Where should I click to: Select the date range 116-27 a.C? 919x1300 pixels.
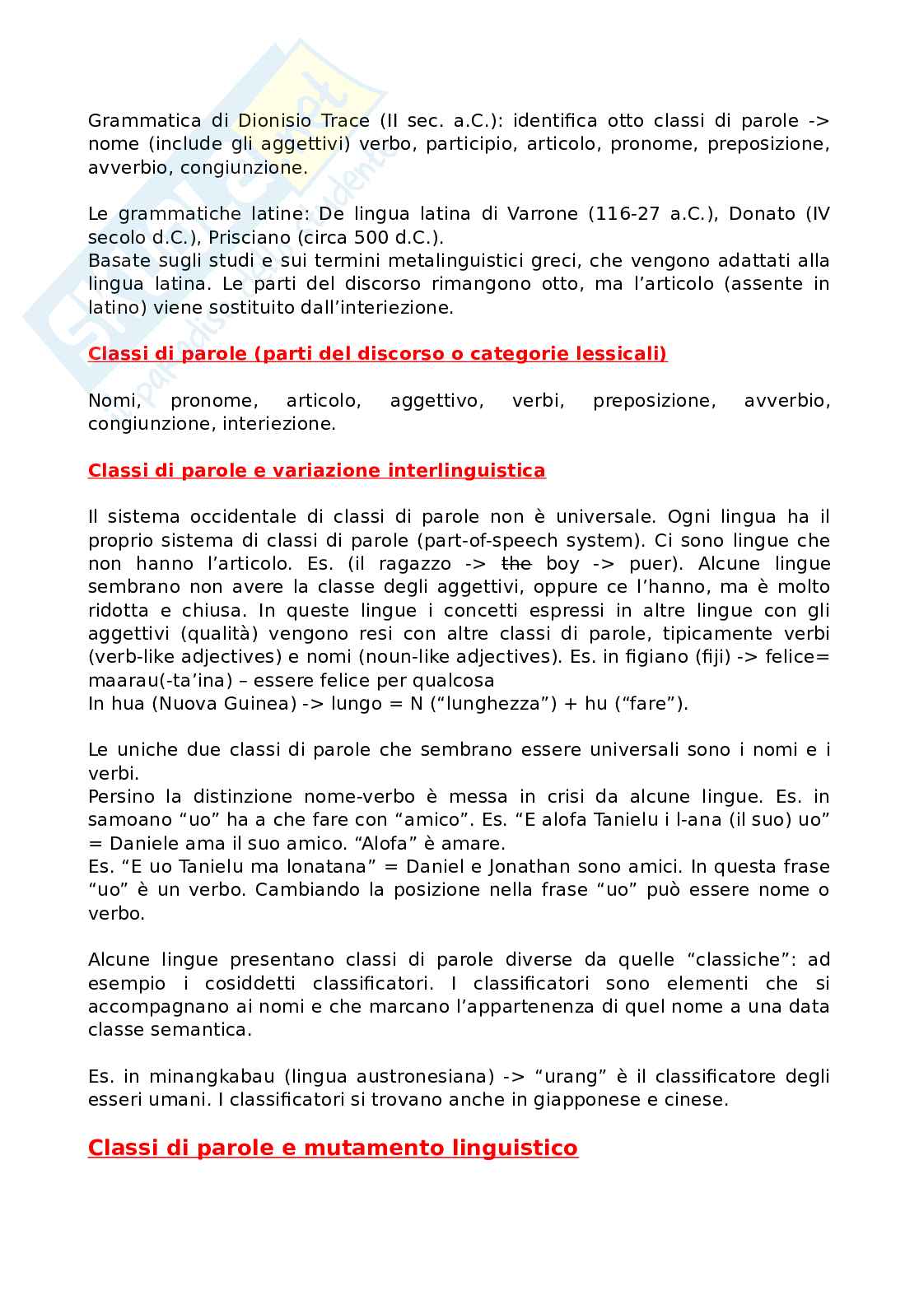point(648,214)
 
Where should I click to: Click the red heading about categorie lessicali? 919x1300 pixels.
point(377,354)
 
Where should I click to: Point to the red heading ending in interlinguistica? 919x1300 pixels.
point(316,471)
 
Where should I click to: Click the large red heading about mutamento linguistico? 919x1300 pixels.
point(333,1148)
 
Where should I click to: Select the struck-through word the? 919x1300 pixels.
point(516,564)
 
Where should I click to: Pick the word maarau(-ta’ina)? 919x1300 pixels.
point(156,681)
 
